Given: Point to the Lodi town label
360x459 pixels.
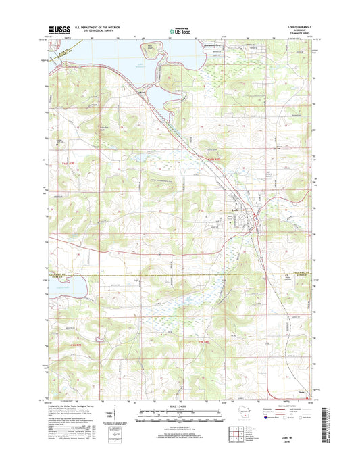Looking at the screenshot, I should pos(234,210).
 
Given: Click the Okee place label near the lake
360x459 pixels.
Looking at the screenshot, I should pos(143,93).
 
